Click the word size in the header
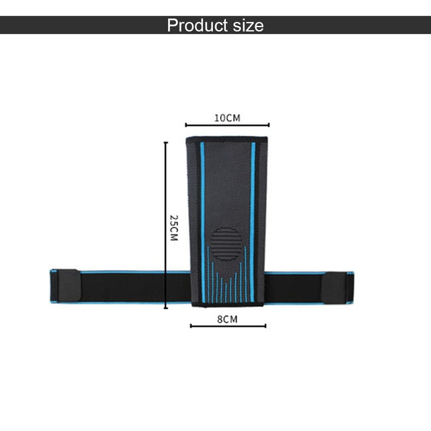click(248, 25)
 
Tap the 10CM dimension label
click(227, 118)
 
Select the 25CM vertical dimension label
click(173, 228)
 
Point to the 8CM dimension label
click(227, 319)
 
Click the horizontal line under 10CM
click(227, 125)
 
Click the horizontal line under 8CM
click(228, 326)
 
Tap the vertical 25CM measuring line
click(166, 225)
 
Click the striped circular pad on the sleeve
click(226, 244)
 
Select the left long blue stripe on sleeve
click(203, 222)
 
